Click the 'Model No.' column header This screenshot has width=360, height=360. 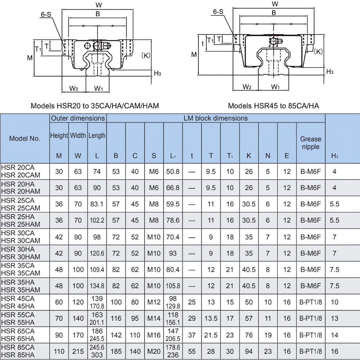24,139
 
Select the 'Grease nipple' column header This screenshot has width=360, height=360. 310,143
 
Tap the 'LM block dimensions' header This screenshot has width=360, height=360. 216,118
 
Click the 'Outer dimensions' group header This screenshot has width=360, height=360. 78,118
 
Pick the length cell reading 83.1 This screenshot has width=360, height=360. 97,204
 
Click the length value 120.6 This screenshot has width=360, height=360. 97,253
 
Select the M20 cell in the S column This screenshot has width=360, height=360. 154,352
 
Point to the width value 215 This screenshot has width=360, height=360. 78,352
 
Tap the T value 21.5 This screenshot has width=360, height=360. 211,335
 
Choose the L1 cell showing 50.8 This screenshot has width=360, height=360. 173,171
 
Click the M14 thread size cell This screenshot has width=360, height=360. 154,319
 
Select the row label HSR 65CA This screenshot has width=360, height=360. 18,330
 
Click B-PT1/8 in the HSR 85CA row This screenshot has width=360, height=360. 310,352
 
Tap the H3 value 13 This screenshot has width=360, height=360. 334,319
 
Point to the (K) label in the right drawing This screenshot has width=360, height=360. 318,51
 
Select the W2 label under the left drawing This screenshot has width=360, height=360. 74,88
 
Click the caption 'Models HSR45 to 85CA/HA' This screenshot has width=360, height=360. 273,106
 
